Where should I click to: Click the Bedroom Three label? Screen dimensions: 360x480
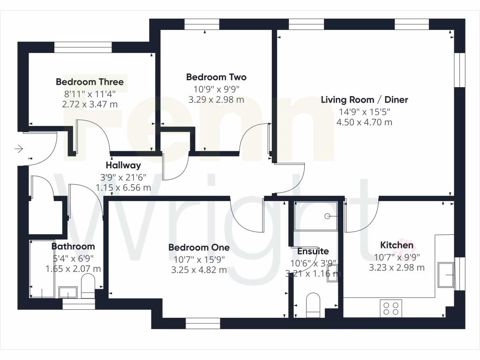pos(90,82)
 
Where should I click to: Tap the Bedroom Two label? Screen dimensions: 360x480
pos(216,77)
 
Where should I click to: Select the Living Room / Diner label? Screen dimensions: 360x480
pos(364,100)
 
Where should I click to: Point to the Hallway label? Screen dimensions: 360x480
pos(123,165)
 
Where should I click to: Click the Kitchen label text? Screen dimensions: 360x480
pos(397,245)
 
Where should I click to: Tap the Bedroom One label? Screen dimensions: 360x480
pos(199,247)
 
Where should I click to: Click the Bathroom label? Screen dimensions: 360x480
pos(73,247)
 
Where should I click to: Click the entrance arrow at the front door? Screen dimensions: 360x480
pos(19,150)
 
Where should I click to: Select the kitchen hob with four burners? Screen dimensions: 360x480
pos(391,308)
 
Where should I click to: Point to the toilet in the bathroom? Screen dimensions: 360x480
pos(88,287)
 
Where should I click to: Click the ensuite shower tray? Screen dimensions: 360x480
pos(315,216)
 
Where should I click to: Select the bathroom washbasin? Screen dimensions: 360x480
pos(68,292)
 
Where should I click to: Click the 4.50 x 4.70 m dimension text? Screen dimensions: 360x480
pos(364,123)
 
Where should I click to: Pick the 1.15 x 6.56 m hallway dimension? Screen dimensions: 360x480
pos(123,188)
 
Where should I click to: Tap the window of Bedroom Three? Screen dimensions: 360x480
pos(83,47)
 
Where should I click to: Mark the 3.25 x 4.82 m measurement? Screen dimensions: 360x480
pos(199,270)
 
